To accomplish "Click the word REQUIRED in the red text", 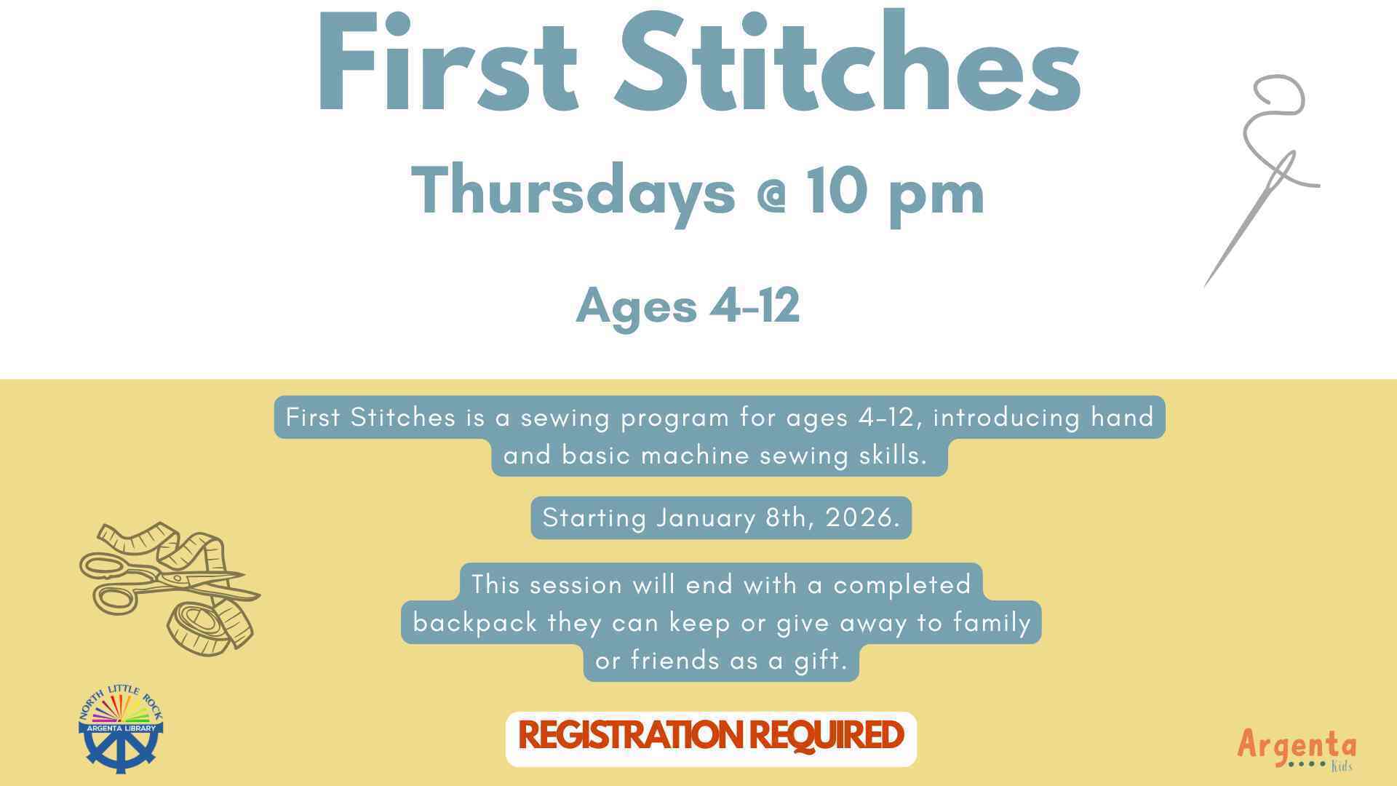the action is click(826, 735).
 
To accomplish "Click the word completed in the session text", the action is click(902, 585).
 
